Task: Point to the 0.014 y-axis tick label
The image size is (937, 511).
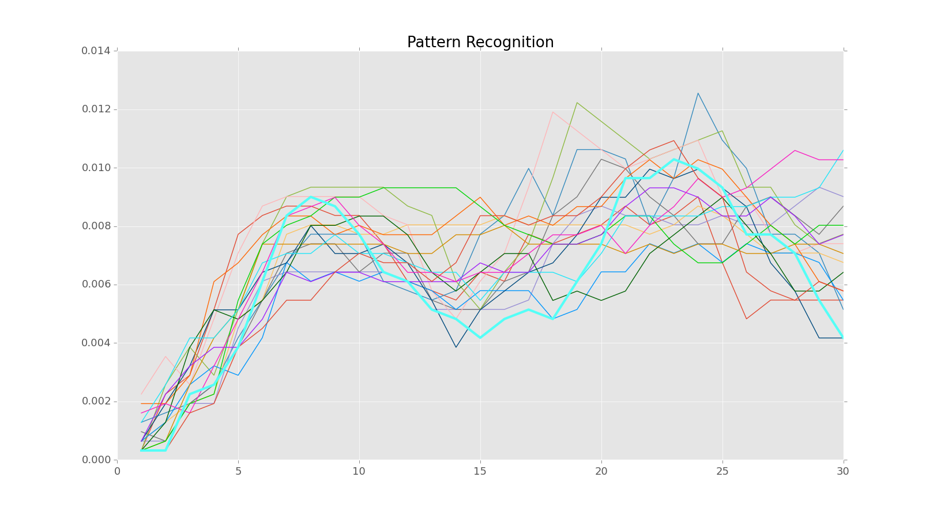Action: (96, 51)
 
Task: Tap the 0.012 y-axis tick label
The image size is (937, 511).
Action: (96, 109)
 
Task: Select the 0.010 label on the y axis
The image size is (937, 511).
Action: (96, 168)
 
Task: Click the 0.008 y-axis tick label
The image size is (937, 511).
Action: (96, 226)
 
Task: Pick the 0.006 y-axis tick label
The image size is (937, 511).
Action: (96, 285)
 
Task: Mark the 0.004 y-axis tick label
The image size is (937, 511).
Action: (96, 343)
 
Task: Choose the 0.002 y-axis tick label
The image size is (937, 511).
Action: (96, 402)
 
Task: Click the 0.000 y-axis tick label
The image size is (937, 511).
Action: (96, 460)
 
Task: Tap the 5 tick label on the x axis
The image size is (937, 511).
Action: (238, 471)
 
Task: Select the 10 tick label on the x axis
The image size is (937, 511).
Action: (359, 471)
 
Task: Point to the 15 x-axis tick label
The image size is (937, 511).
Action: (480, 471)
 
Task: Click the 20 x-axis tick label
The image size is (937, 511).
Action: (601, 471)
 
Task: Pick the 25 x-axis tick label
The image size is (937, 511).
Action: (722, 471)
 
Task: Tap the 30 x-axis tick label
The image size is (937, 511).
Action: (844, 471)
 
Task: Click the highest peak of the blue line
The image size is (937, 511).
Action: (698, 93)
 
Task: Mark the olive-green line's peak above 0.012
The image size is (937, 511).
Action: (577, 103)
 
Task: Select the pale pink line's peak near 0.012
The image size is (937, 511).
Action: (552, 112)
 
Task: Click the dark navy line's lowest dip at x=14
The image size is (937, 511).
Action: (456, 347)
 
